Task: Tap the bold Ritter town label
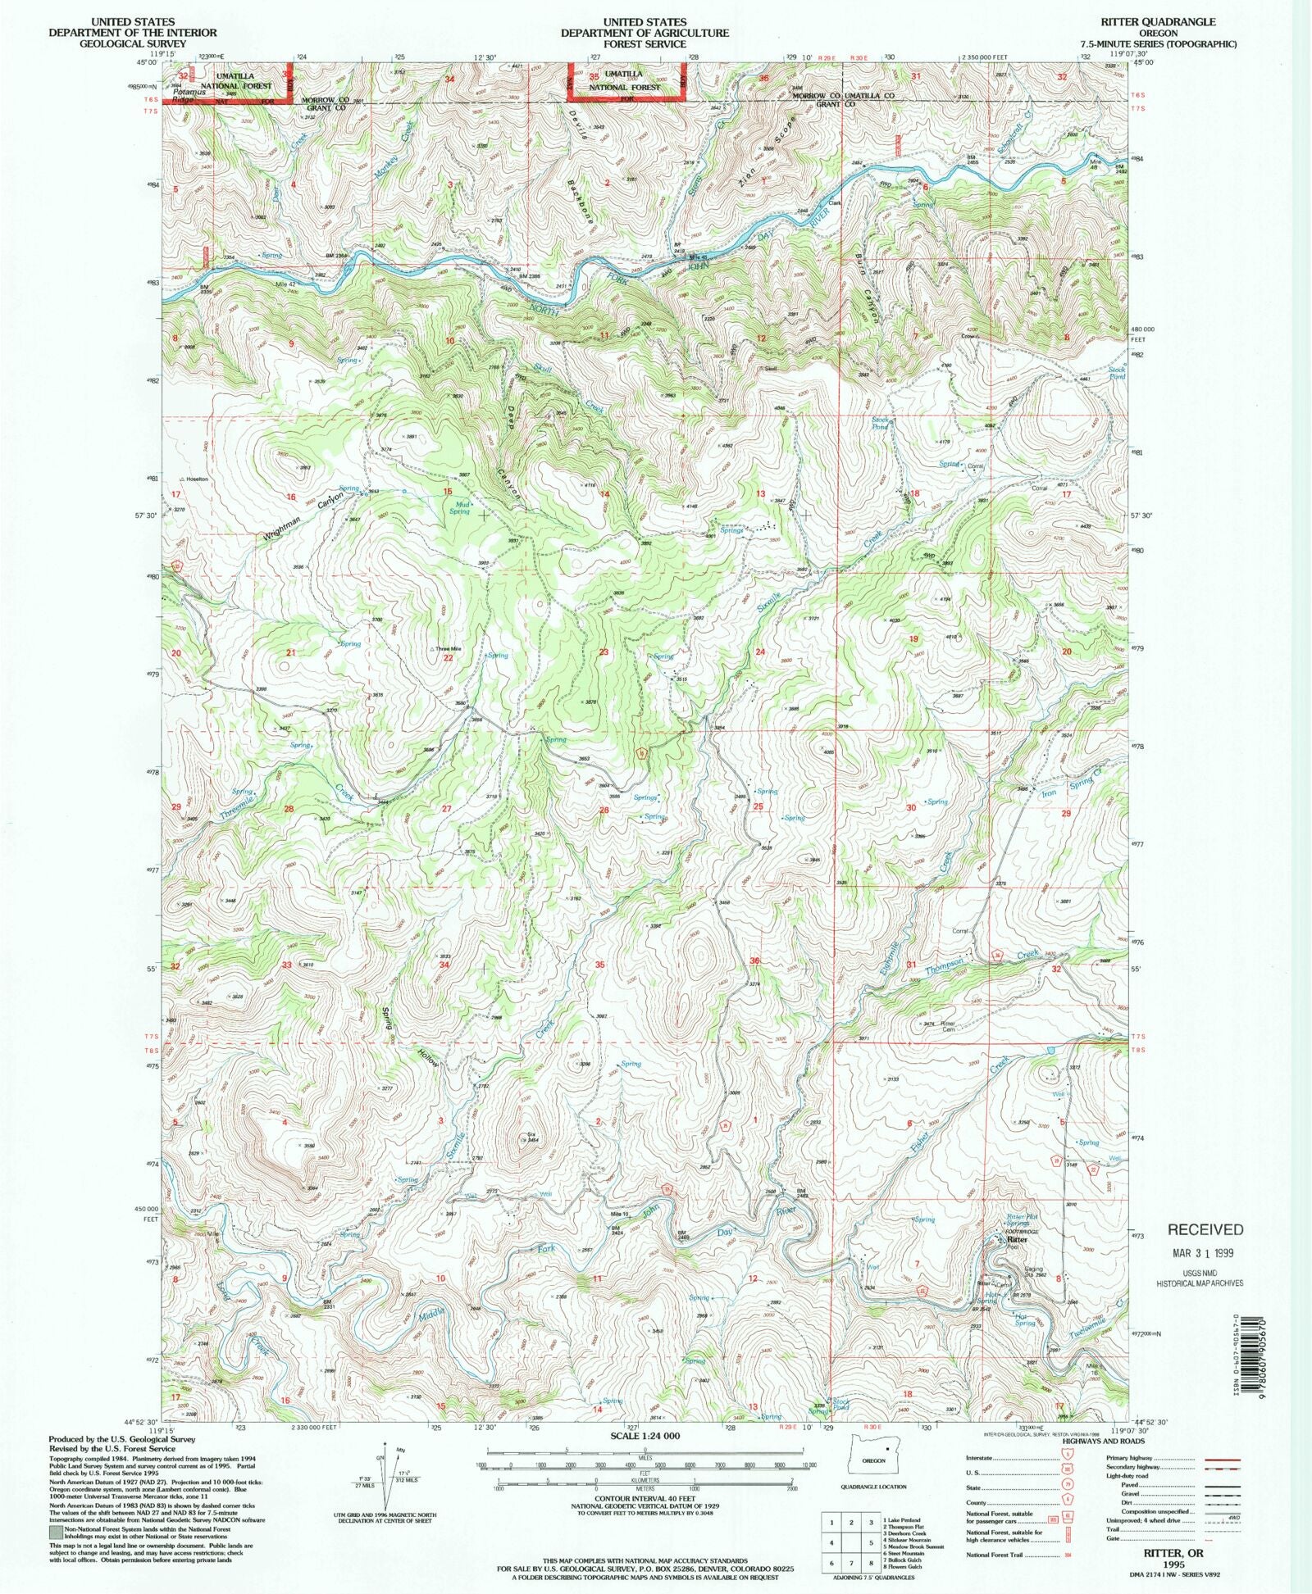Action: click(1017, 1240)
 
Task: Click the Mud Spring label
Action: click(460, 508)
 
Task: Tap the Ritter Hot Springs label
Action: click(1022, 1219)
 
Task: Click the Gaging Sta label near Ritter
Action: click(1033, 1271)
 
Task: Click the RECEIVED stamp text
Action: click(1205, 1229)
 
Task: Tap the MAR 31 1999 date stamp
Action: click(1203, 1253)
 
